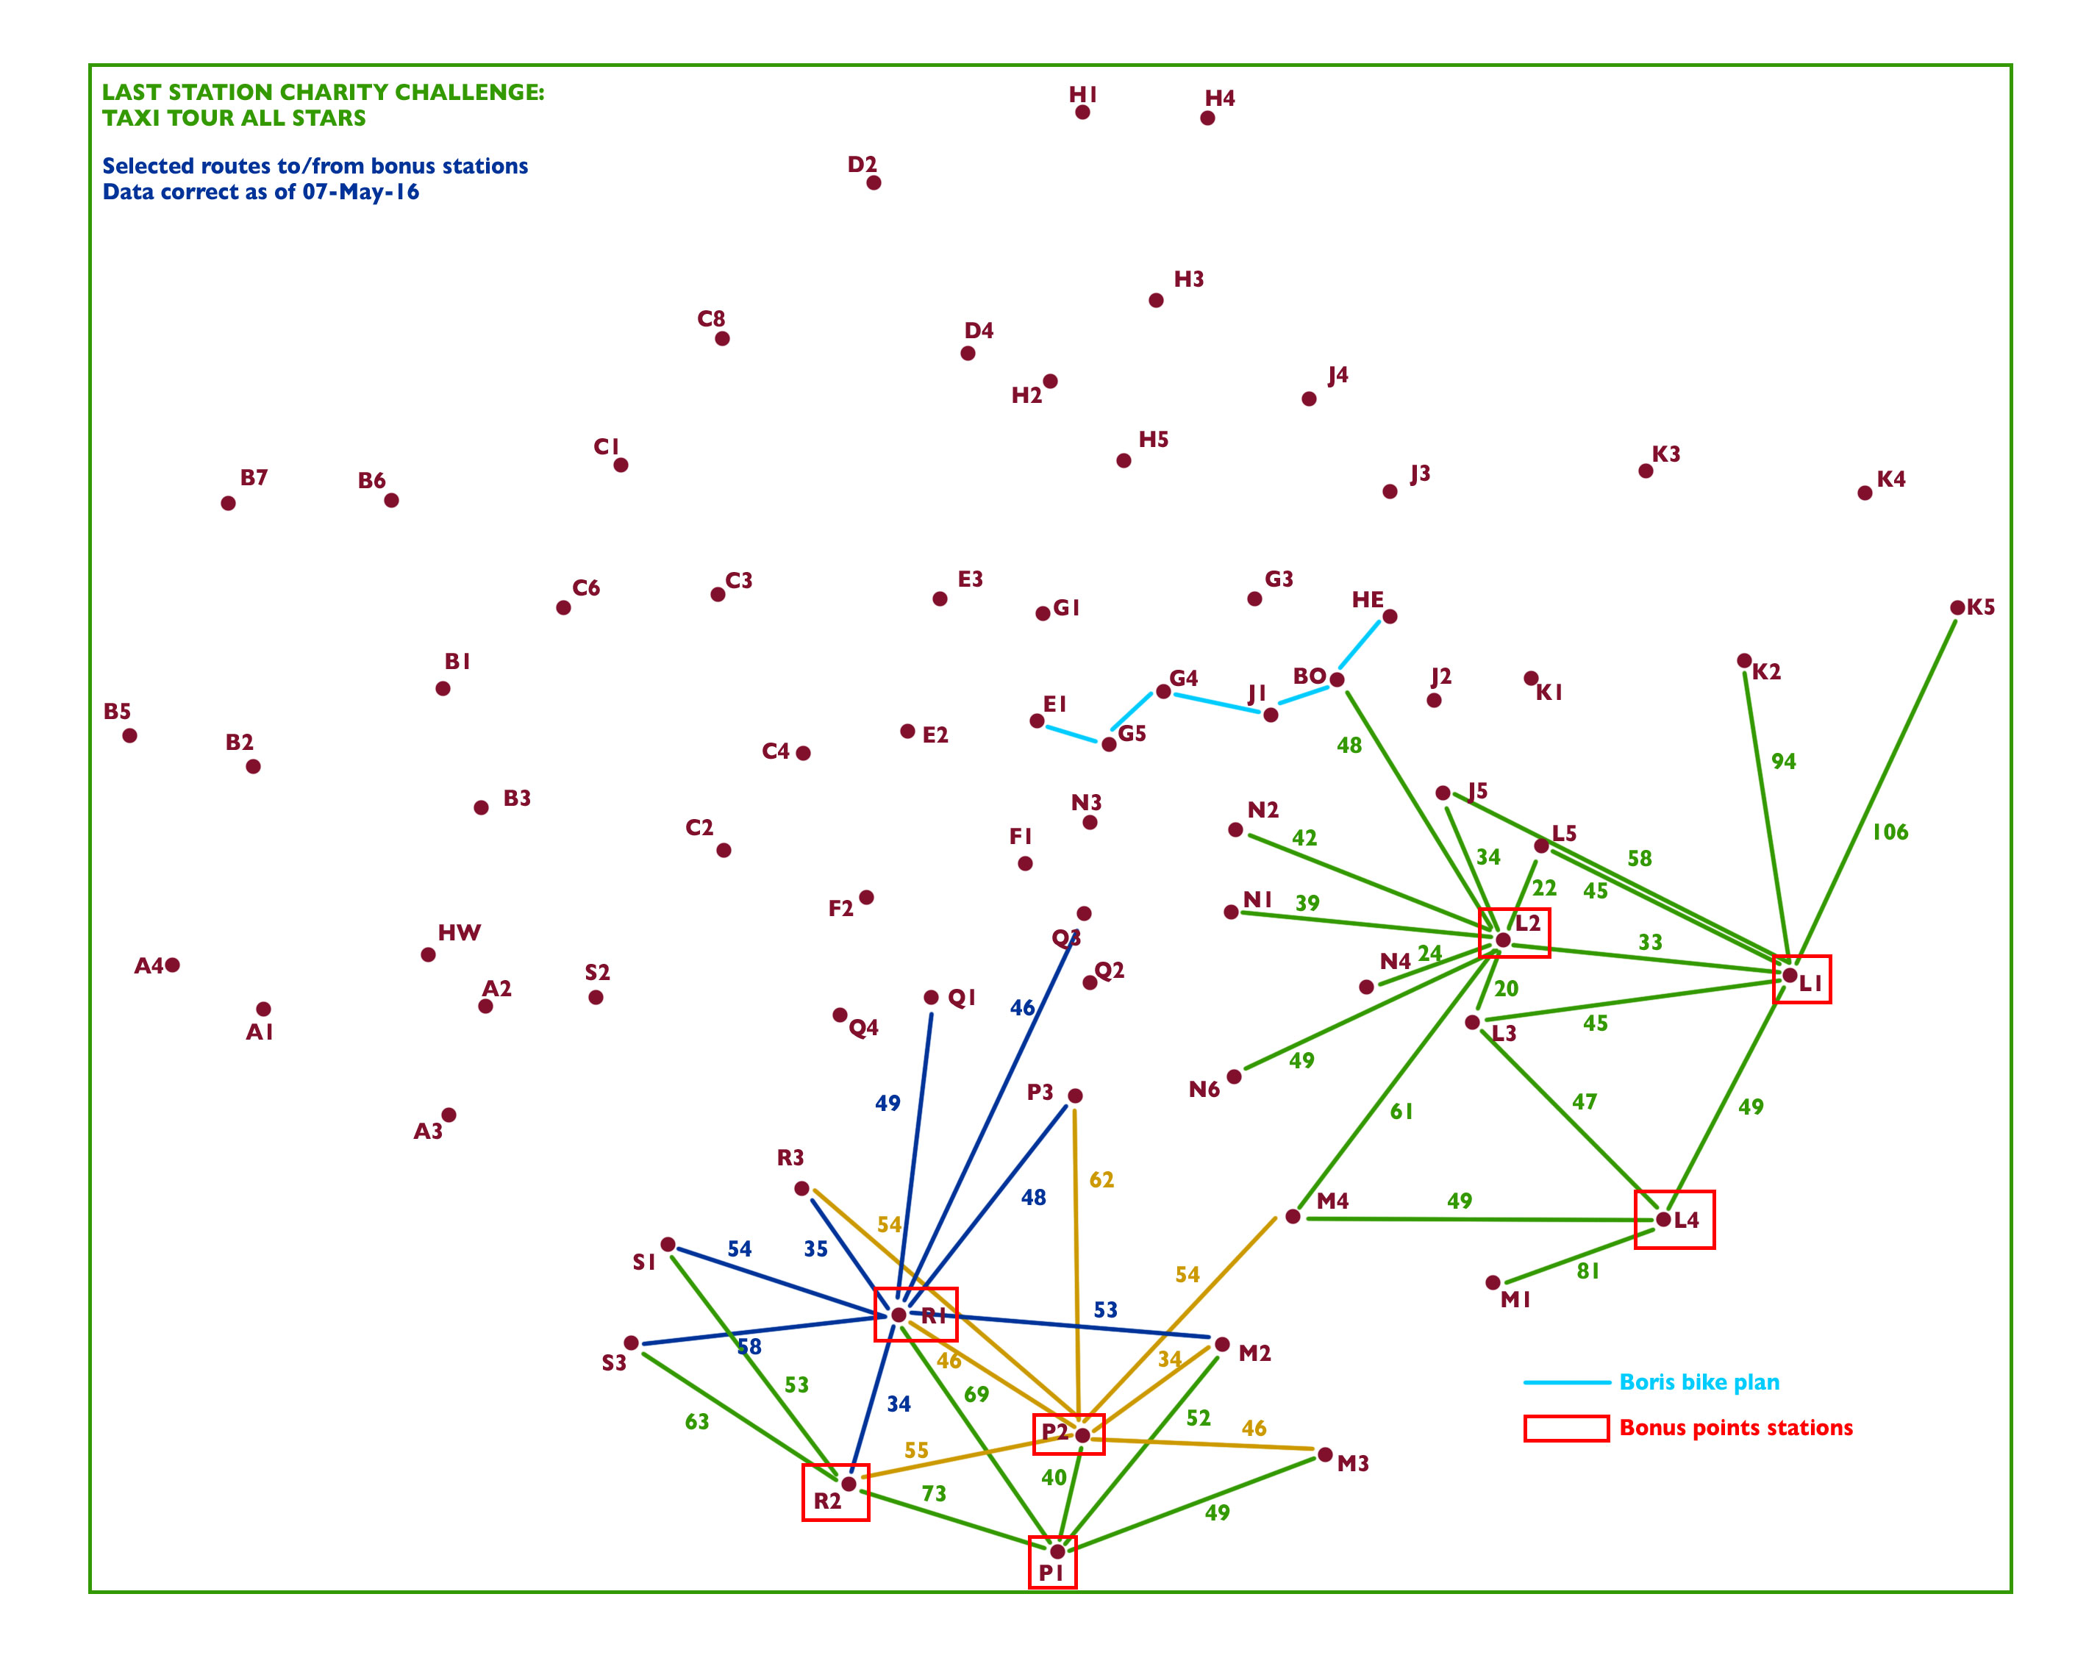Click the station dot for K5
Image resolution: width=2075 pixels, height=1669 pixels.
click(x=1957, y=607)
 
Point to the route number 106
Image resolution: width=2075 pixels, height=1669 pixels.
click(x=1889, y=832)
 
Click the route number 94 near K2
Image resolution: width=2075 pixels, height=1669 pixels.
click(x=1783, y=762)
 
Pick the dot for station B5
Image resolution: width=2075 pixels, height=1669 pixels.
click(x=130, y=735)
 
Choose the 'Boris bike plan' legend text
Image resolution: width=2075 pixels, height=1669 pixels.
click(x=1699, y=1382)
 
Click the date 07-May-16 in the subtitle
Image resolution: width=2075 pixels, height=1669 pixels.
click(x=361, y=192)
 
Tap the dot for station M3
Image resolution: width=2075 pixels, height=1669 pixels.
click(x=1325, y=1454)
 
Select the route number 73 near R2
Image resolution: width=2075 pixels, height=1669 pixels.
click(x=934, y=1493)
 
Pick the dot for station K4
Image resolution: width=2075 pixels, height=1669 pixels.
click(x=1864, y=493)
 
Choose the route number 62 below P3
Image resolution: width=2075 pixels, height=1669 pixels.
click(x=1101, y=1179)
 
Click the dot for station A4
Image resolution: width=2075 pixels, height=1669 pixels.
click(x=172, y=965)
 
